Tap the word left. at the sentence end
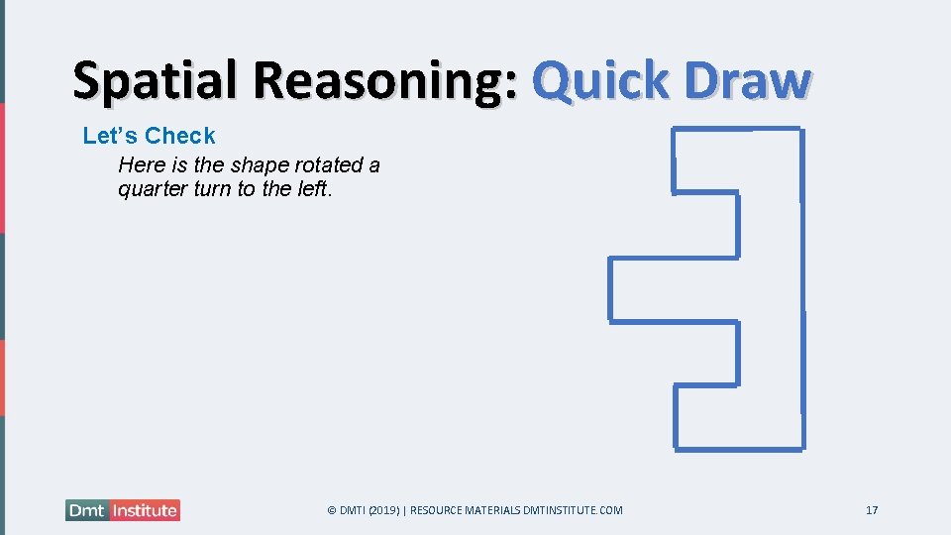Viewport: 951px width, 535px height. tap(314, 188)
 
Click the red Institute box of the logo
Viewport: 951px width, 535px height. tap(144, 511)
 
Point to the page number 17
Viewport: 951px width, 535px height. tap(872, 510)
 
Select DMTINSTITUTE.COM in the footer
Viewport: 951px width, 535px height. tap(573, 510)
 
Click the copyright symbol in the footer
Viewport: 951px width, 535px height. tap(332, 510)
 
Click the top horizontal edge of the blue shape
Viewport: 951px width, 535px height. tap(737, 129)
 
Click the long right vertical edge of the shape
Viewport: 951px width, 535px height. tap(801, 287)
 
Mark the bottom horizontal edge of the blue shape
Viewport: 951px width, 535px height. tap(739, 449)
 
